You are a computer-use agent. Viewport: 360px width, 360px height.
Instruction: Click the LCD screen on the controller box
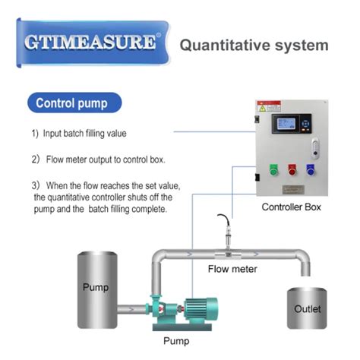[x=293, y=126]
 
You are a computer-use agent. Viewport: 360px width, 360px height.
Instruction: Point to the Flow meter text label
[x=232, y=269]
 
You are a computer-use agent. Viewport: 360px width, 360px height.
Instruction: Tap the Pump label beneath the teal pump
[x=176, y=341]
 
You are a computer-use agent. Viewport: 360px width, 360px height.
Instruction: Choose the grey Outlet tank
[x=307, y=308]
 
